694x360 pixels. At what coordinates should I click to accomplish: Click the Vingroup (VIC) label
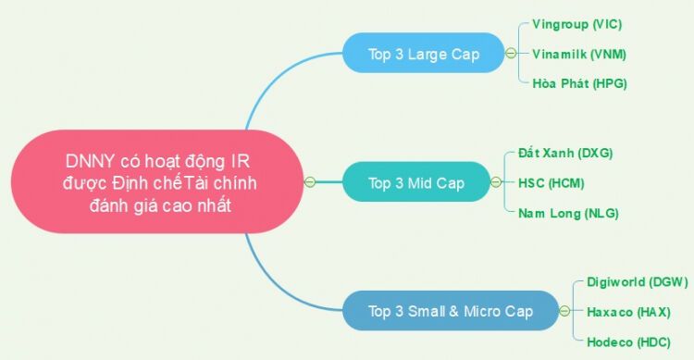click(x=576, y=24)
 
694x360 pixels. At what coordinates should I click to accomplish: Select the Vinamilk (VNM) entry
click(x=579, y=54)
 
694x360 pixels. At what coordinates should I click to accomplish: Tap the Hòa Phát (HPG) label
click(x=579, y=83)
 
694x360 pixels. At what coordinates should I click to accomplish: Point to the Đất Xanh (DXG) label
click(x=565, y=153)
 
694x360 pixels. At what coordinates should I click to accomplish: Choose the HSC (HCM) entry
click(x=551, y=183)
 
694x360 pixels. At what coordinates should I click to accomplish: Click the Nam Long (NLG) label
click(x=568, y=213)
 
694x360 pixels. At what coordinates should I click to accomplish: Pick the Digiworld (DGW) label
click(x=638, y=282)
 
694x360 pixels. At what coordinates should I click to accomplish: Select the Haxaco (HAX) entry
click(x=628, y=312)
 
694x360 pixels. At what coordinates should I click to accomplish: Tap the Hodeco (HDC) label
click(x=628, y=341)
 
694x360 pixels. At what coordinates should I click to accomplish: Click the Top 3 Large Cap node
click(x=424, y=53)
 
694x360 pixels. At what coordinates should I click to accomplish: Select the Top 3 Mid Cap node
click(x=416, y=182)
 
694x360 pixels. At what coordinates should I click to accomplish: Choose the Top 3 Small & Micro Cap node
click(x=451, y=311)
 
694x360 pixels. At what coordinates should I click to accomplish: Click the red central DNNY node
click(x=158, y=181)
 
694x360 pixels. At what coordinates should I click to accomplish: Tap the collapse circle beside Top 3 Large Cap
click(x=511, y=53)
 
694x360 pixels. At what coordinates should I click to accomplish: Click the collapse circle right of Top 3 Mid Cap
click(x=496, y=182)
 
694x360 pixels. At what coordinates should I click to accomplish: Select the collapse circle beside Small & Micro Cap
click(x=564, y=311)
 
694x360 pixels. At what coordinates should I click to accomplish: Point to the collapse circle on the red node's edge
click(x=310, y=182)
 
